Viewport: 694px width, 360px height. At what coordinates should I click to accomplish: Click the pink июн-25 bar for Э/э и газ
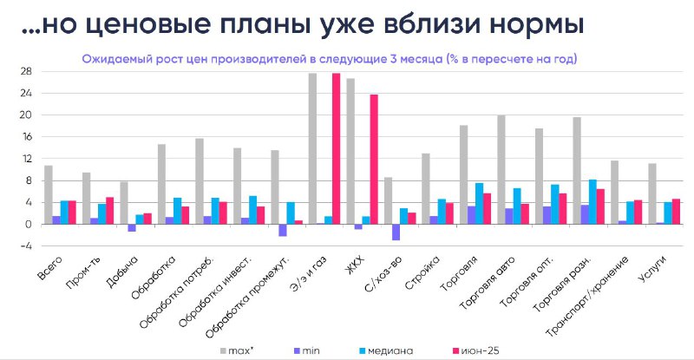[336, 149]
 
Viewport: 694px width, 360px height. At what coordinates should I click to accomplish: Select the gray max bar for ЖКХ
[350, 152]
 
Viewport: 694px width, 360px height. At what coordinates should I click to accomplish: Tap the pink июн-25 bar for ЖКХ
[374, 160]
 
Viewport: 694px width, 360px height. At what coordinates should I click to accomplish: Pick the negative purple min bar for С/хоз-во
[396, 232]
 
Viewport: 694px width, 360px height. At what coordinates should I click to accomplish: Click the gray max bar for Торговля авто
[501, 170]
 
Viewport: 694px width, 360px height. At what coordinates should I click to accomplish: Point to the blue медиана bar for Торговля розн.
[593, 202]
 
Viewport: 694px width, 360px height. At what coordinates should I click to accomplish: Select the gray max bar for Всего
[49, 195]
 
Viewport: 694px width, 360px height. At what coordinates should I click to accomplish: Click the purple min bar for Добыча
[132, 227]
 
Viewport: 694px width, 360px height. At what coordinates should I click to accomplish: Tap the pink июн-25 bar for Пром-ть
[110, 211]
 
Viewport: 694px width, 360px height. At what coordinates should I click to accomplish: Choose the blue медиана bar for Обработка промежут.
[291, 213]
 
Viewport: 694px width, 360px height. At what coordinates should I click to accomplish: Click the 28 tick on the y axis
[26, 71]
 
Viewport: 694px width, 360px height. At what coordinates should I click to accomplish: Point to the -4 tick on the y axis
[26, 245]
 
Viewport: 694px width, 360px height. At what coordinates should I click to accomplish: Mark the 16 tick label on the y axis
[26, 137]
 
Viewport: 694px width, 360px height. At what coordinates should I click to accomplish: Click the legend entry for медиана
[386, 351]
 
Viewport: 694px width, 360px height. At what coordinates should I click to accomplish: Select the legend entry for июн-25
[475, 351]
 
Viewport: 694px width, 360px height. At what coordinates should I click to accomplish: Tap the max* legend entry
[237, 351]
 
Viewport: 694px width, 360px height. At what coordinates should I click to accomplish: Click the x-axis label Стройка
[422, 272]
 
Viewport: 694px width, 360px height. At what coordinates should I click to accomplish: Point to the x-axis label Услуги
[653, 270]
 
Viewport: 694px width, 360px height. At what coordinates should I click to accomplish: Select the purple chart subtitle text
[330, 59]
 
